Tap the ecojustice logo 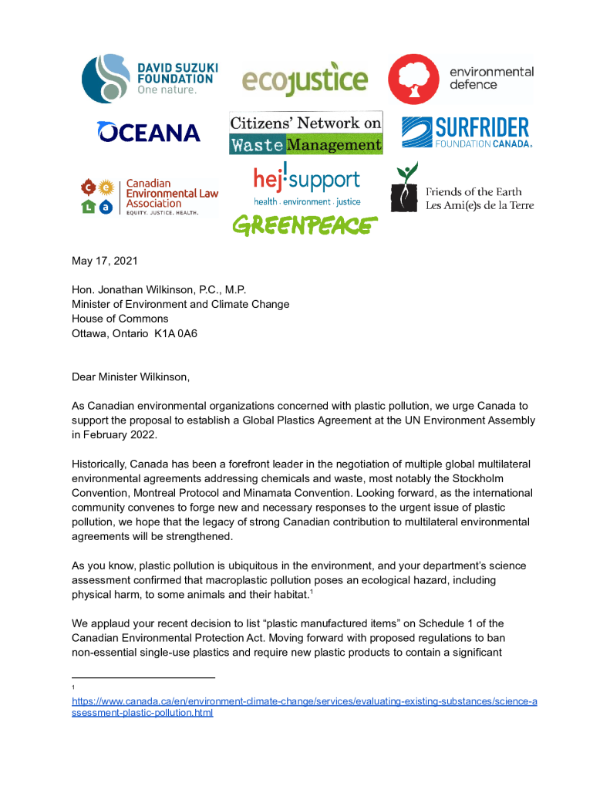point(305,79)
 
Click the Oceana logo point(149,132)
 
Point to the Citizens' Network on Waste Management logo point(305,133)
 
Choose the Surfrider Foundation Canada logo point(465,132)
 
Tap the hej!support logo point(306,185)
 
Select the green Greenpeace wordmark point(305,225)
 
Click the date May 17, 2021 point(105,261)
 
